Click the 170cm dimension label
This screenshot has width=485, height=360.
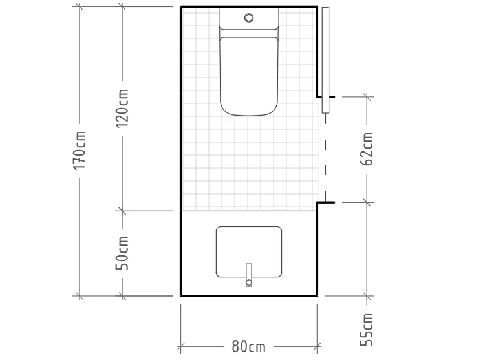(80, 150)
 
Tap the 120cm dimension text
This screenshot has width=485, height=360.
(122, 109)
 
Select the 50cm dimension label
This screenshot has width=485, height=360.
(122, 253)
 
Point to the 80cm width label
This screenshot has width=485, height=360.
(249, 346)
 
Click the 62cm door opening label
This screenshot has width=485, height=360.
(367, 149)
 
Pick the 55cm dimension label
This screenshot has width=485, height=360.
(367, 330)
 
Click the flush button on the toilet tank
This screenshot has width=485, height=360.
(249, 17)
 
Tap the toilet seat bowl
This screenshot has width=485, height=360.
(249, 76)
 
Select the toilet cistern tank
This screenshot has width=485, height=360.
(249, 19)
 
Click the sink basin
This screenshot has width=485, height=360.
(249, 252)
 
